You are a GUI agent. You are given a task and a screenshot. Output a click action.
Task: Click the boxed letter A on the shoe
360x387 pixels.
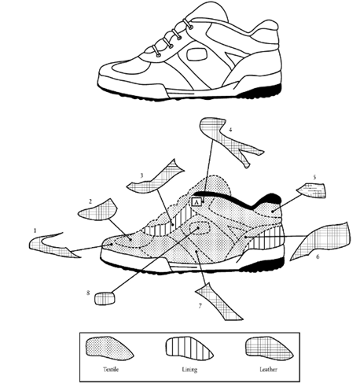[197, 202]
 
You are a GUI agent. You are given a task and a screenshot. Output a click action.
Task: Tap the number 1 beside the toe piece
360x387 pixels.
[35, 231]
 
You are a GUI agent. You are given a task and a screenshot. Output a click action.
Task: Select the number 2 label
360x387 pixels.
[90, 201]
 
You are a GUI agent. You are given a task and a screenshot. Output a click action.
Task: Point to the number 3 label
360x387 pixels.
[141, 175]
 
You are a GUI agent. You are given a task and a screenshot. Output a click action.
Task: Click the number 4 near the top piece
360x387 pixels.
[230, 130]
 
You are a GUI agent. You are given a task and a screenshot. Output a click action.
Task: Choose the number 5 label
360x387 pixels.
[314, 177]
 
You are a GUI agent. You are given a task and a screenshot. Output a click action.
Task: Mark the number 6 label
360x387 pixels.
[318, 256]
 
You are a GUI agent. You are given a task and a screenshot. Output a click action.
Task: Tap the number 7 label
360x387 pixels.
[200, 306]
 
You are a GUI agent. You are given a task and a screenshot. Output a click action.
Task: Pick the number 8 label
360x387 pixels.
[88, 293]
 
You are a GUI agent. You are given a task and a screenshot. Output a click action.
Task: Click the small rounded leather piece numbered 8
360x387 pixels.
[105, 298]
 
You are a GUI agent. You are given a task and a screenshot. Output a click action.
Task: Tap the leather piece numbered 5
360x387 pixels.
[312, 190]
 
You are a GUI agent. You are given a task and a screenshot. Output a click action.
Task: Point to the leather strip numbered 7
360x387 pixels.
[219, 303]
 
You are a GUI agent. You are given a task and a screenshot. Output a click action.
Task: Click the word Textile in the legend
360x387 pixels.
[111, 370]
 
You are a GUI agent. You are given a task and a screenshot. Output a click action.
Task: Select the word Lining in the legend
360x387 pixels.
[189, 370]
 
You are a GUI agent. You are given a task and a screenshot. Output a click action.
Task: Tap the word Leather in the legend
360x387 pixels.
[268, 370]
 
